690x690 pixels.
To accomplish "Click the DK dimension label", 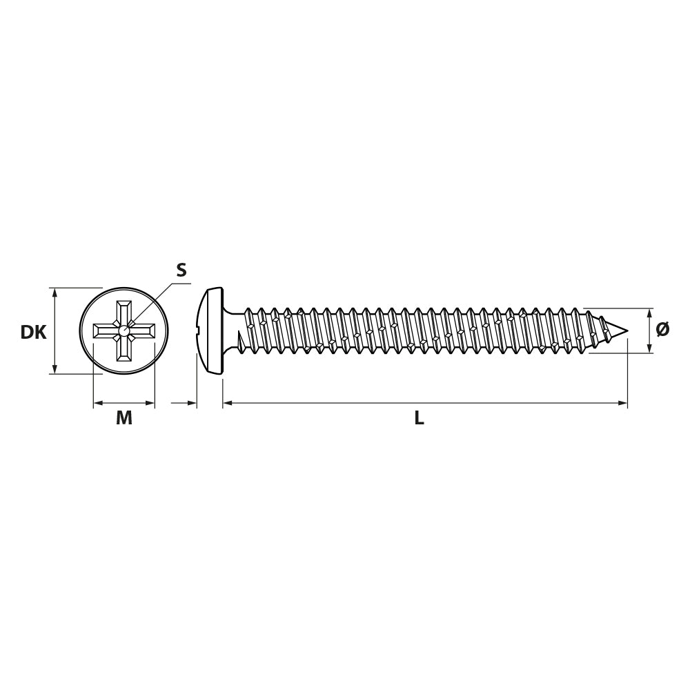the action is [x=33, y=333].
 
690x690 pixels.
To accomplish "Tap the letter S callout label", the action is [x=181, y=269].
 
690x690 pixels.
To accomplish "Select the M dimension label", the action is [x=124, y=417].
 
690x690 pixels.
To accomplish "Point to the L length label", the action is [x=420, y=418].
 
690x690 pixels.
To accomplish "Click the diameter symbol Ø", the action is [x=662, y=329].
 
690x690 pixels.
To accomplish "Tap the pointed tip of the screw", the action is [x=627, y=331].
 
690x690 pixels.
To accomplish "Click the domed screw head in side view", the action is [x=210, y=331].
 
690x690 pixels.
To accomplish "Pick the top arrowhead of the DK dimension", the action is [x=54, y=292].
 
